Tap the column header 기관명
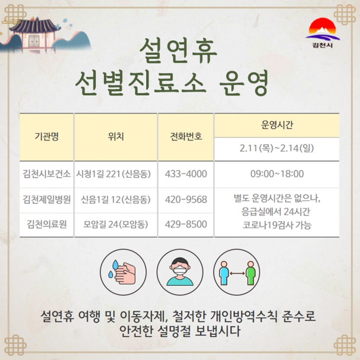click(46, 136)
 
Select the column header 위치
click(116, 136)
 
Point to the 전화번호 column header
click(186, 136)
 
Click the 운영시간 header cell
click(277, 125)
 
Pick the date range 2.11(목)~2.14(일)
click(277, 148)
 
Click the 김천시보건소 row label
click(46, 174)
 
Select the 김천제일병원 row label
click(46, 199)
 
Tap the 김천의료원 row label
click(46, 224)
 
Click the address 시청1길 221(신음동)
click(113, 174)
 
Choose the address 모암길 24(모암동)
click(115, 224)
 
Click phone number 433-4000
click(186, 174)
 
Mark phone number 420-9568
click(186, 199)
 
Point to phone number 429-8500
click(186, 224)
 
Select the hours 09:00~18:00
click(277, 174)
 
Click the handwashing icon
click(123, 272)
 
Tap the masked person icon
click(180, 272)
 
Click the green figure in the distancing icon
click(251, 273)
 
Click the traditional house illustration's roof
click(33, 26)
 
